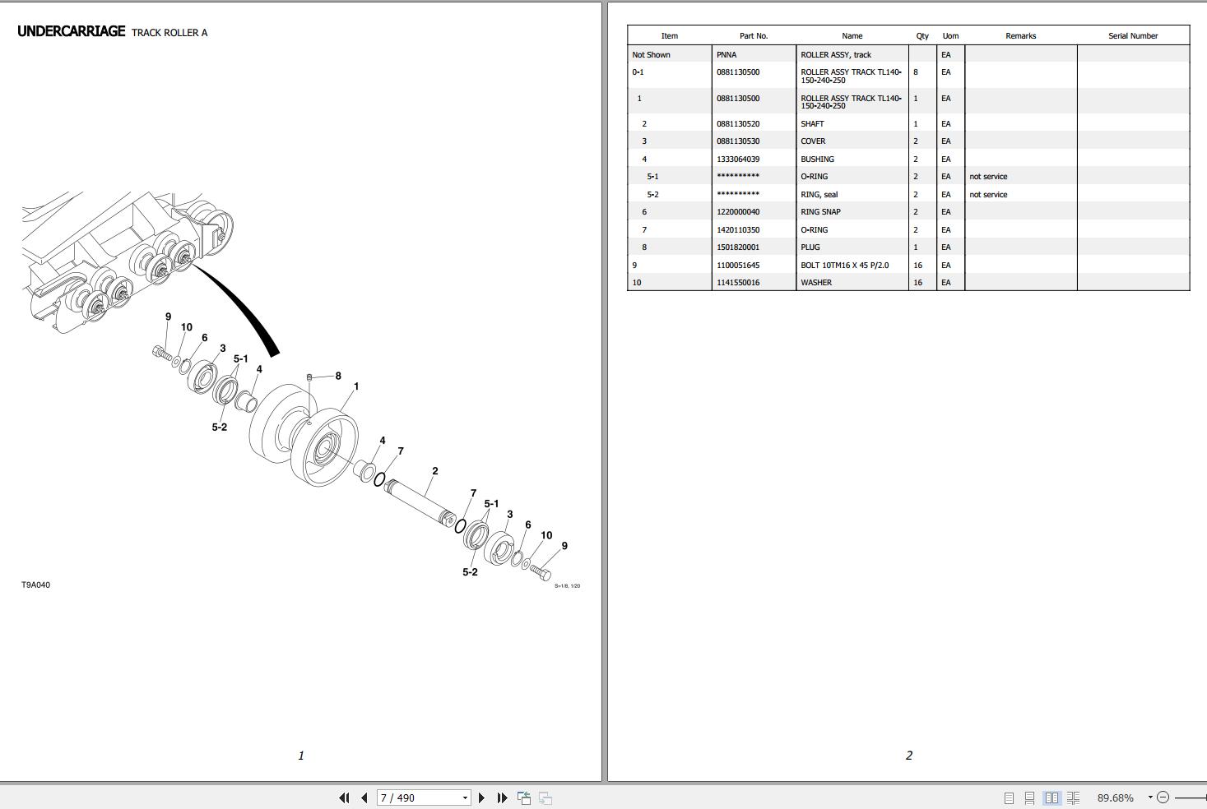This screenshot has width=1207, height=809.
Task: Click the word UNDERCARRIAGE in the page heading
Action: coord(71,31)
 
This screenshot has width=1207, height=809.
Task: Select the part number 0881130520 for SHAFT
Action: coord(737,124)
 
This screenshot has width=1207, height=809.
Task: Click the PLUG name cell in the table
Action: coord(810,247)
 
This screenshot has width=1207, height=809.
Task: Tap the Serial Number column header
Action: coord(1132,36)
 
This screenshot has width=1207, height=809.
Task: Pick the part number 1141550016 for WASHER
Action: coord(737,283)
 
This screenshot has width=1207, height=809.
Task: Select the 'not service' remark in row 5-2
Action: coord(987,195)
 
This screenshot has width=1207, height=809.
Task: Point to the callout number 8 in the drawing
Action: coord(337,376)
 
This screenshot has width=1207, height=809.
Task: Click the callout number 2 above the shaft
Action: coord(434,471)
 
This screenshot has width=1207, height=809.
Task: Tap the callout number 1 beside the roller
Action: coord(355,386)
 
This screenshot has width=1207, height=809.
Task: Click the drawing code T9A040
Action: coord(35,585)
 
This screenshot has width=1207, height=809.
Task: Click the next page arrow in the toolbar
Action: coord(482,797)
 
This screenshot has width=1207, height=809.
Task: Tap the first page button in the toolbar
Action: coord(344,797)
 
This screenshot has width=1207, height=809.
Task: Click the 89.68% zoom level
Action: coord(1115,797)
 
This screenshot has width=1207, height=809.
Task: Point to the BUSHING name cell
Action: coord(816,159)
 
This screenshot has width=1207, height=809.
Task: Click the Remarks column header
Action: coord(1020,36)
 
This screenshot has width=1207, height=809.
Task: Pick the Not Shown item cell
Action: coord(651,55)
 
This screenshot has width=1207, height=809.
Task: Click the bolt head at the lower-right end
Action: coord(544,574)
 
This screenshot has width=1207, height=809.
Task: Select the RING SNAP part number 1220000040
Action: coord(737,212)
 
